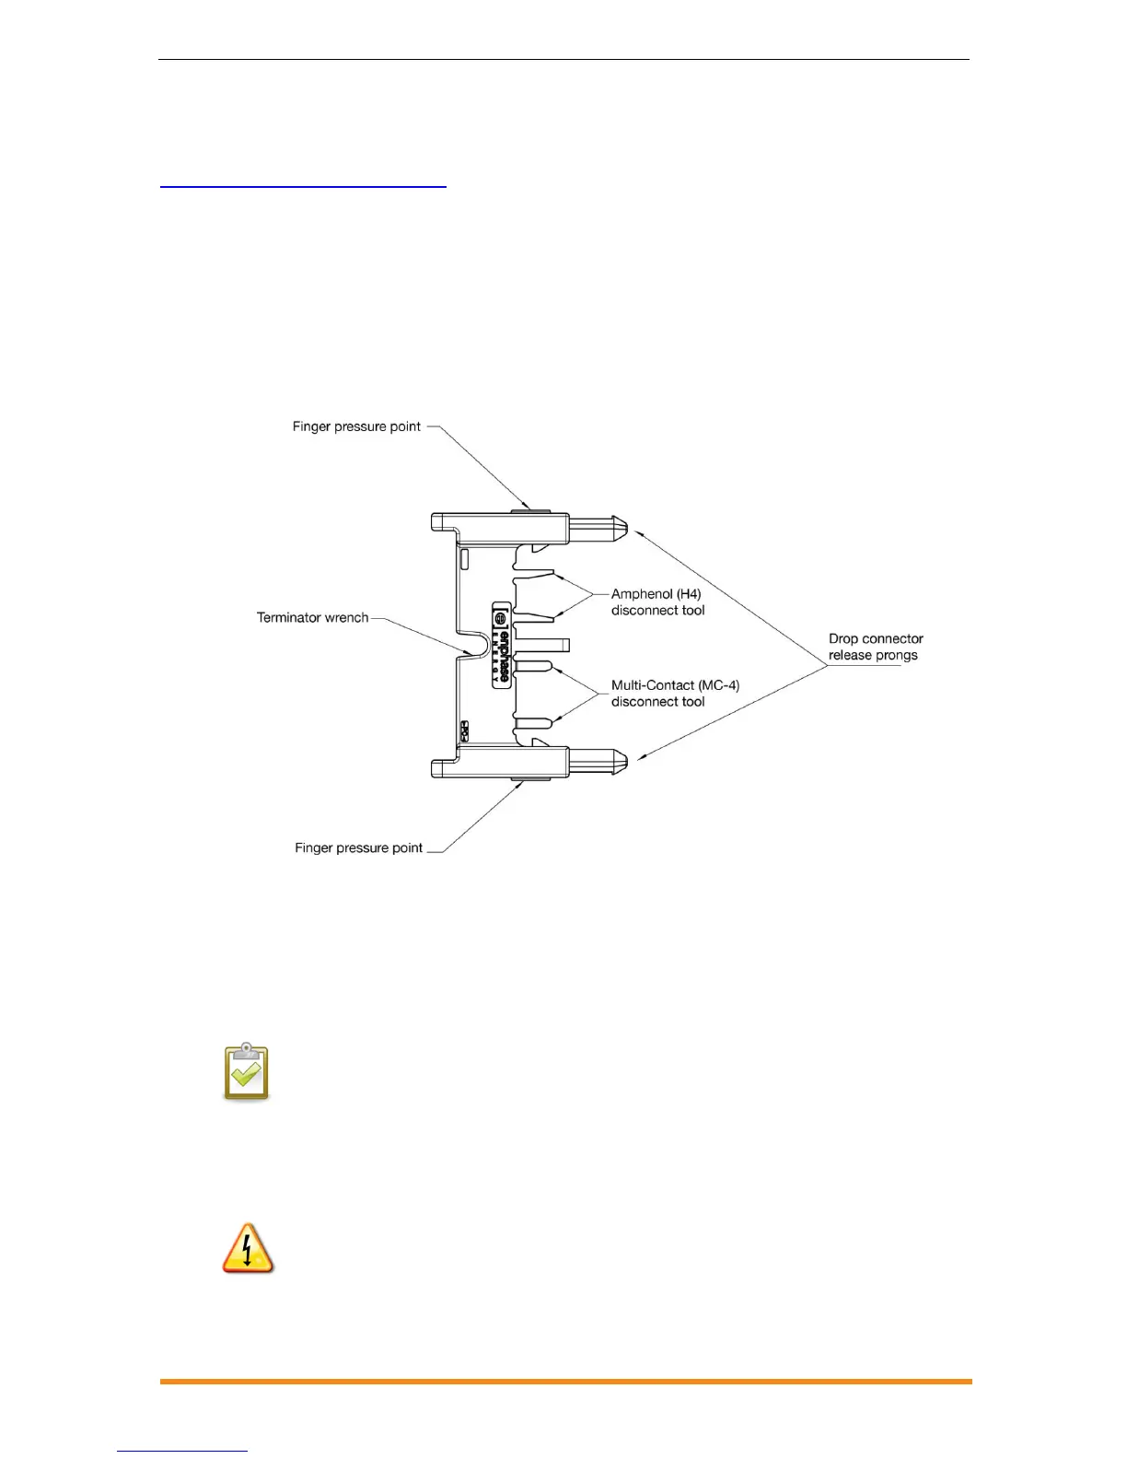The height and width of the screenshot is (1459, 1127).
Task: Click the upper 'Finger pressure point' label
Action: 356,426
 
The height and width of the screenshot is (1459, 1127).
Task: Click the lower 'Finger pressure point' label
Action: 358,847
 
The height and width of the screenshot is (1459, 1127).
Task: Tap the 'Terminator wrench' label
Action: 312,617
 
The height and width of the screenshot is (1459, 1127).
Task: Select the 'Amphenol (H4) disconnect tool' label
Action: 657,602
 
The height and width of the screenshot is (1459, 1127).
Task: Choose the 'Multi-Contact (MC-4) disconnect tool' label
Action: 675,694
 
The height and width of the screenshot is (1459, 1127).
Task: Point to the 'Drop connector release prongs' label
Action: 875,647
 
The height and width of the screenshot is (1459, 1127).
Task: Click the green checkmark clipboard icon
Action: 246,1072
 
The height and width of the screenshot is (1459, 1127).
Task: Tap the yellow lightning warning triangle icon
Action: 248,1249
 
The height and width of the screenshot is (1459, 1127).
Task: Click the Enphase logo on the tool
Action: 502,642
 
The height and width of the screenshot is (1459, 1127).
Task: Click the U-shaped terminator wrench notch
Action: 473,642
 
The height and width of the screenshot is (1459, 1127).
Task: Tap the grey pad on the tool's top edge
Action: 529,510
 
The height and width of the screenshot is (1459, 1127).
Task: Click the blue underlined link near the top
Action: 303,185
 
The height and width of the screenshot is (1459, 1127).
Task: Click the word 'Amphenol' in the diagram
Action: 642,594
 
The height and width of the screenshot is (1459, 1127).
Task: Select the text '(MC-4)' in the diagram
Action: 718,685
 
